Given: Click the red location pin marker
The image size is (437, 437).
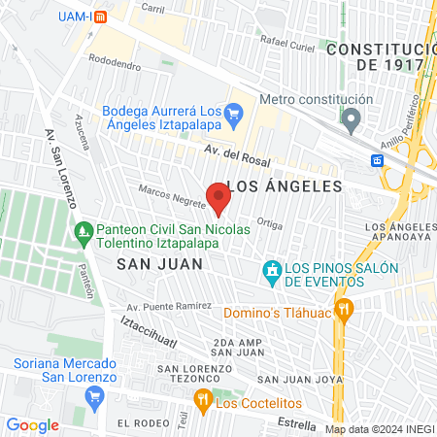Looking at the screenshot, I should point(218,198).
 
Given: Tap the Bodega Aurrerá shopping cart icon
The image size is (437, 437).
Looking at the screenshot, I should point(233,115).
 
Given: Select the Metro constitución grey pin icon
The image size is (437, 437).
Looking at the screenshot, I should point(352,121).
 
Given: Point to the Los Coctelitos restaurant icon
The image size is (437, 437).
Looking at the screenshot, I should point(202,398).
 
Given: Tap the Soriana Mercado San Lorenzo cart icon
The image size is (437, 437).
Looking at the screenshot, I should point(94,396).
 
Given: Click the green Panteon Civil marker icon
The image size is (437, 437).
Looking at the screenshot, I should point(84,230).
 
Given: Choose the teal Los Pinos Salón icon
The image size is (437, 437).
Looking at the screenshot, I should point(272,269).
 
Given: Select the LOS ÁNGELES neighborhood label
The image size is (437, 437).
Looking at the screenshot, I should point(285,185).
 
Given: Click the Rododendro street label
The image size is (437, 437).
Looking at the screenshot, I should point(115,57).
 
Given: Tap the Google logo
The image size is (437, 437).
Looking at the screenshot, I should point(32,424).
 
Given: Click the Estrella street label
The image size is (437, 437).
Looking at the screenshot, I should point(297,423).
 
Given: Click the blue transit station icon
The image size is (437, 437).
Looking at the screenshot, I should point(377,159).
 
